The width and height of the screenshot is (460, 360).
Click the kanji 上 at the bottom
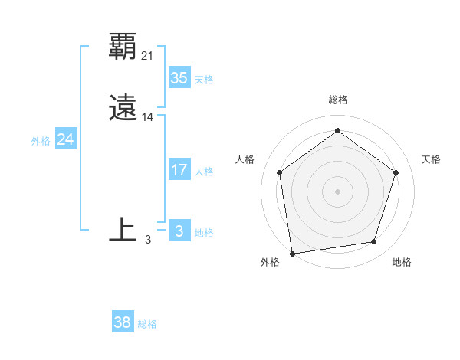tap(123, 229)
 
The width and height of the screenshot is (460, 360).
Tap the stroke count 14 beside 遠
tap(148, 117)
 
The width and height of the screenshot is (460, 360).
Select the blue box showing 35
tap(179, 78)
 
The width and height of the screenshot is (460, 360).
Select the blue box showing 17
tap(179, 170)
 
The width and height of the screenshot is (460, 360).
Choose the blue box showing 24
tap(66, 139)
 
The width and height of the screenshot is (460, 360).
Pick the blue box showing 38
tap(123, 323)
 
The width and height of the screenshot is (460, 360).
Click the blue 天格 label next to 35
tap(204, 80)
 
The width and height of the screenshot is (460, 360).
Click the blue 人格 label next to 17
tap(204, 172)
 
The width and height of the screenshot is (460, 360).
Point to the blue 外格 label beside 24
tap(41, 141)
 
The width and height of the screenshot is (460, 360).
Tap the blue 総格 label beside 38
tap(147, 325)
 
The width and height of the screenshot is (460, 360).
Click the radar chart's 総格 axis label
tap(337, 100)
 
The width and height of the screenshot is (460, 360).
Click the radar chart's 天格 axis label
tap(431, 159)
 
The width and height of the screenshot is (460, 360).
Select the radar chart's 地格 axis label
tap(402, 262)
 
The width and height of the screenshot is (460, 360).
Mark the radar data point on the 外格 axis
tap(292, 253)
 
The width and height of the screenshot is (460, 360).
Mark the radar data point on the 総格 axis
tap(337, 131)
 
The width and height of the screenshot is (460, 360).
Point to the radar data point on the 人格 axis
tap(279, 172)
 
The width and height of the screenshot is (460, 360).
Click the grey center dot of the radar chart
tap(337, 191)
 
